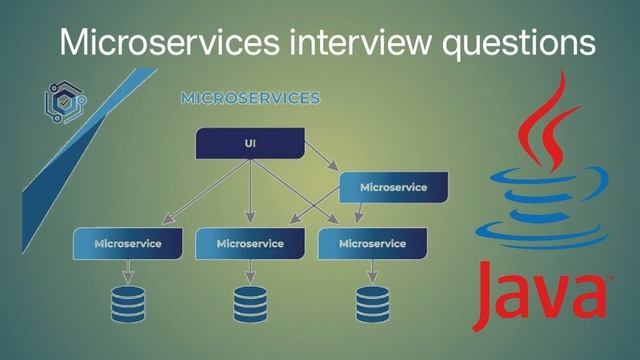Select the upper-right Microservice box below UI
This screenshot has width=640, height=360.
pyautogui.click(x=393, y=187)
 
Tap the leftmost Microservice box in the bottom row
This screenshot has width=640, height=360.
pyautogui.click(x=128, y=243)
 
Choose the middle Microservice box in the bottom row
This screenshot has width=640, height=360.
pyautogui.click(x=249, y=243)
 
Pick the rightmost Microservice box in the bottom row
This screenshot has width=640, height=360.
pyautogui.click(x=372, y=243)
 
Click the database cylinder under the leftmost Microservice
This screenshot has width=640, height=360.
pyautogui.click(x=128, y=303)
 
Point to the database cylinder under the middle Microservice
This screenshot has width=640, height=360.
pyautogui.click(x=249, y=303)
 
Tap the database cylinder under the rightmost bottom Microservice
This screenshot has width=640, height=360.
pyautogui.click(x=372, y=303)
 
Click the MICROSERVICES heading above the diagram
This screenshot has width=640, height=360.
pyautogui.click(x=250, y=99)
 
